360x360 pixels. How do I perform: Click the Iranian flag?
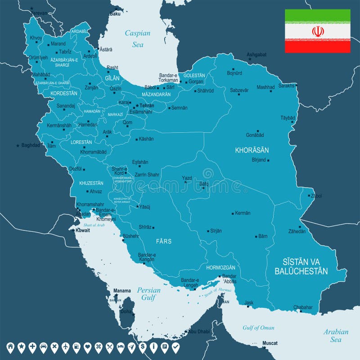(317, 31)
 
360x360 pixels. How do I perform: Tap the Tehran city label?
(147, 105)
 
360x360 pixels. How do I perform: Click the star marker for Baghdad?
(18, 145)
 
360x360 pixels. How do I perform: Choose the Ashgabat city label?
(257, 54)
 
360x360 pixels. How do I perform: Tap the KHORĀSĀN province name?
(252, 150)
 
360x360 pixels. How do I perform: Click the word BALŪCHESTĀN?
(301, 271)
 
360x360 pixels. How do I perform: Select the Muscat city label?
(270, 343)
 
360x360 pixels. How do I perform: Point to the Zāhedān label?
(297, 231)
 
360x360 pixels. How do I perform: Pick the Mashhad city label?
(265, 87)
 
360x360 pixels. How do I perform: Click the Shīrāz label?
(145, 227)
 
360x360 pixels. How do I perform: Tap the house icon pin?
(10, 347)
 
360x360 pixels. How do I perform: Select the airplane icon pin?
(65, 347)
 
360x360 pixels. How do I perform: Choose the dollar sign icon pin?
(142, 347)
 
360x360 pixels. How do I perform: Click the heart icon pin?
(87, 347)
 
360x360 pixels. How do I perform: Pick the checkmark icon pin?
(175, 347)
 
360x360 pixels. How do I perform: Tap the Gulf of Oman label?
(258, 328)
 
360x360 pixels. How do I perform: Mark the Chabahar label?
(303, 307)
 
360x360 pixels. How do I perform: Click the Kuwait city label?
(82, 230)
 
